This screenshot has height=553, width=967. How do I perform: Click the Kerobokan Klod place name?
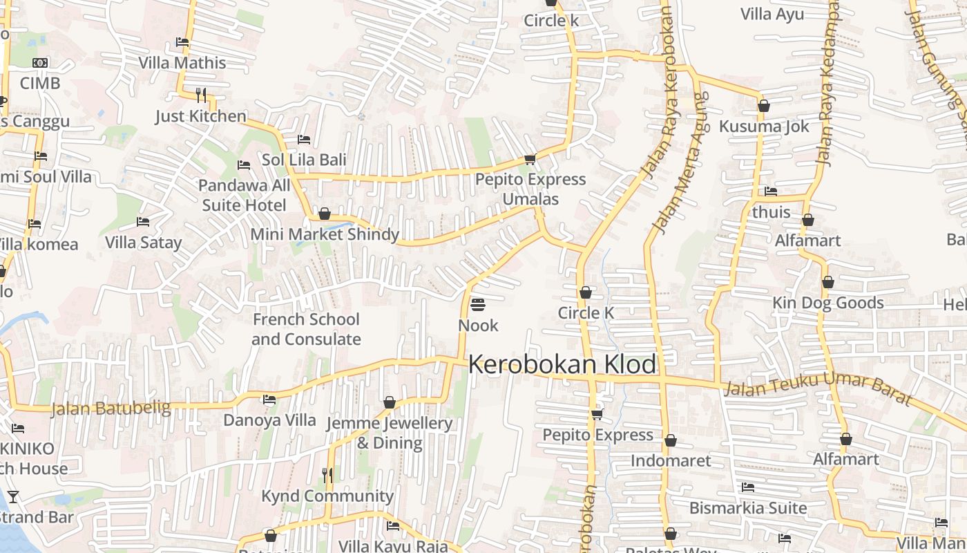click(562, 364)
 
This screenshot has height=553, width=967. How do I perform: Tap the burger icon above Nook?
click(478, 305)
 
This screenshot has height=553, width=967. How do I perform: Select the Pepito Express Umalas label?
click(530, 189)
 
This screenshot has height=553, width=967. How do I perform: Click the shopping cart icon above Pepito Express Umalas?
click(530, 160)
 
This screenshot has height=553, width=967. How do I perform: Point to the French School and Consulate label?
click(305, 329)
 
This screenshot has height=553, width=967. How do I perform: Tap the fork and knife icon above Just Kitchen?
click(201, 95)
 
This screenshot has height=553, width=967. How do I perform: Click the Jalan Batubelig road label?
click(111, 408)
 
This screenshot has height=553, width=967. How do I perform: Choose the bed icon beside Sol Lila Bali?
click(303, 140)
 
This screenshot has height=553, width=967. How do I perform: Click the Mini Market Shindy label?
click(325, 234)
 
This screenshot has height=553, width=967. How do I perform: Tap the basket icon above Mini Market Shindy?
click(325, 214)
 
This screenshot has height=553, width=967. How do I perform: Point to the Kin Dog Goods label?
click(827, 303)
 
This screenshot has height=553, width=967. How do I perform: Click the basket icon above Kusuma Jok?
click(764, 106)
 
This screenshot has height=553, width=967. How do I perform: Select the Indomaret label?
click(671, 460)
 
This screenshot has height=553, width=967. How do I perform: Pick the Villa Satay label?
click(143, 243)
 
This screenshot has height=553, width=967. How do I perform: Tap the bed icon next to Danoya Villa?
click(269, 400)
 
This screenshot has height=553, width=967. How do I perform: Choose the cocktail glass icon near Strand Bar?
click(12, 496)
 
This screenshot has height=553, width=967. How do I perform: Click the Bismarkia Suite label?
click(748, 508)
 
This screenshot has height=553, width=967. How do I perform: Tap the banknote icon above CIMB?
click(40, 63)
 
